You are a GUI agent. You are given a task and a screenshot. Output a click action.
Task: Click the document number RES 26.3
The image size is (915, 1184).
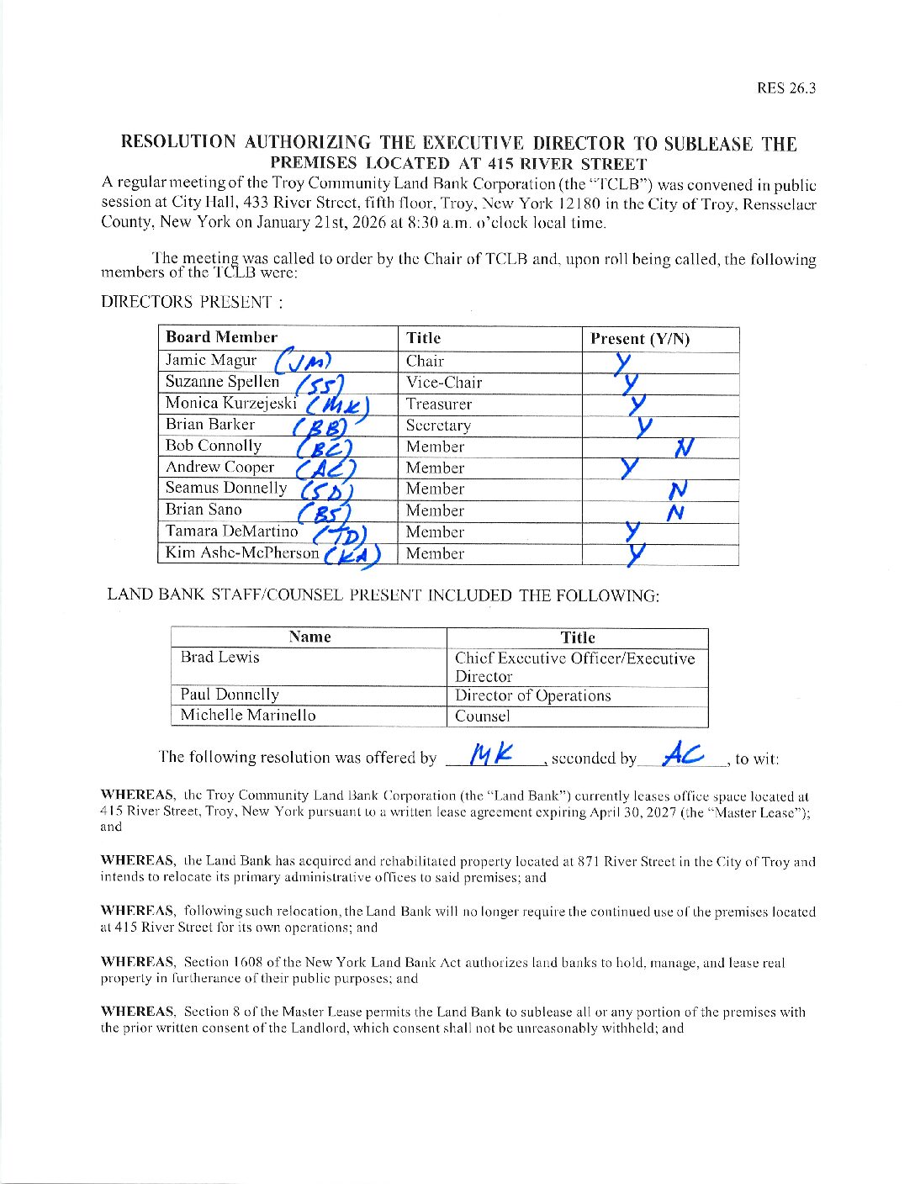pos(785,88)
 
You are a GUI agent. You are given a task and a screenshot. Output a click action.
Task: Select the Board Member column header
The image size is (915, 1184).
pos(221,337)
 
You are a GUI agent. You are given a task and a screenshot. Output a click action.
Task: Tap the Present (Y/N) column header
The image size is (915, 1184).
pos(639,339)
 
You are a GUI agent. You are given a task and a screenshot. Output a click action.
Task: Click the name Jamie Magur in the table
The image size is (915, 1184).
pos(211,360)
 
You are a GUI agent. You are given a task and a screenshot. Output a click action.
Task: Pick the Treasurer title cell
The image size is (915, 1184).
pos(438,404)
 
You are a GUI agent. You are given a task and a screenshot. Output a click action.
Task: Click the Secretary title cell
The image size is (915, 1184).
pos(438,425)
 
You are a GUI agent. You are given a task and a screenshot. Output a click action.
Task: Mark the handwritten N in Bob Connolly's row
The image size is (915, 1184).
pos(683,447)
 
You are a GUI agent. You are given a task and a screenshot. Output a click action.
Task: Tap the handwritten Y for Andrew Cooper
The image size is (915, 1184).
pos(629,468)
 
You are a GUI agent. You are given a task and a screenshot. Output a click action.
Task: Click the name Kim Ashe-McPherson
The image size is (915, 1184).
pos(242,552)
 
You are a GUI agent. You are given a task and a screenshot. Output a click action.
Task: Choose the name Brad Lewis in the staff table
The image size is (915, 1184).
pos(219,657)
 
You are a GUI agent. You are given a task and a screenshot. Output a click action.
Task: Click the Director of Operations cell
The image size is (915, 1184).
pos(532,695)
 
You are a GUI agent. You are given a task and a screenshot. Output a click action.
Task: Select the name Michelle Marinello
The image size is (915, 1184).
pos(248,715)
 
